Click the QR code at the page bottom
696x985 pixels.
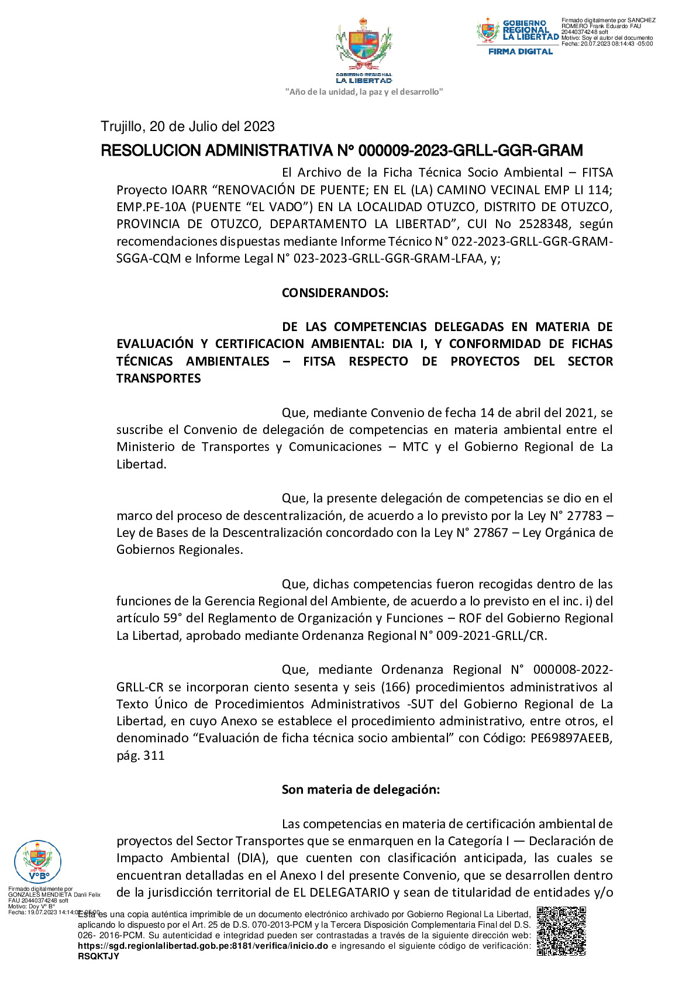point(561,931)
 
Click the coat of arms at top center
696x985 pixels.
point(364,47)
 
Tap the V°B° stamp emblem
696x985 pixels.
point(37,860)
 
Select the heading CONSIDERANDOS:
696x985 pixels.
point(335,293)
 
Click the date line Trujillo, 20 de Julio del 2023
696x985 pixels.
point(188,127)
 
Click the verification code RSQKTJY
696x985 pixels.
point(98,956)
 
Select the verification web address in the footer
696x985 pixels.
point(202,946)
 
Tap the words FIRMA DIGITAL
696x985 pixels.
point(520,51)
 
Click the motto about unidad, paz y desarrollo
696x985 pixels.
point(364,92)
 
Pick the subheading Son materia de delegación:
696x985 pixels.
point(360,790)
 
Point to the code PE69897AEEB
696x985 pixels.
point(571,738)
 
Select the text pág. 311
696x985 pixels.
point(140,756)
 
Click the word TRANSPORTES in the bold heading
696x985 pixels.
point(159,378)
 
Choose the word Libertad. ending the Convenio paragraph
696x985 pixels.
point(141,464)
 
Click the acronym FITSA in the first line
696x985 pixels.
point(597,173)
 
